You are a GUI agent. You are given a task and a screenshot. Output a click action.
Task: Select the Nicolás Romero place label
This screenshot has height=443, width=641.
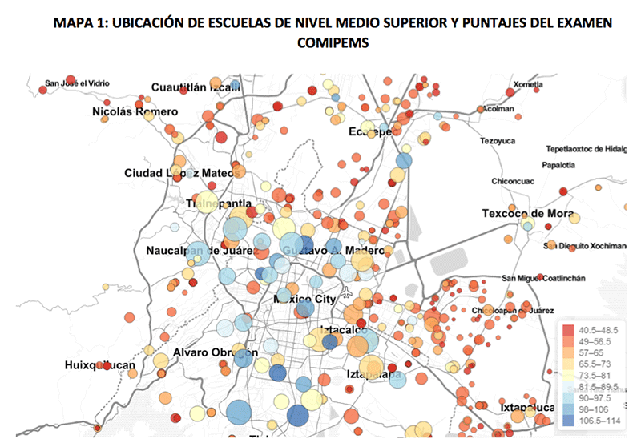click(134, 111)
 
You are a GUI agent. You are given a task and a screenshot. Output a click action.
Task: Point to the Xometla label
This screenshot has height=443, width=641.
click(526, 84)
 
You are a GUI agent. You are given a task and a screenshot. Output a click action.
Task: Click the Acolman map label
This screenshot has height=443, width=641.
click(498, 109)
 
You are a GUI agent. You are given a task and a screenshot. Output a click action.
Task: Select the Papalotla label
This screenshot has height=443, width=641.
click(559, 166)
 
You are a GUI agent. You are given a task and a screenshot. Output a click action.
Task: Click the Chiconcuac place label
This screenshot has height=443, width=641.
click(513, 181)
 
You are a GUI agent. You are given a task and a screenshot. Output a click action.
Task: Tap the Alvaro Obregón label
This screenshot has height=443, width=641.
click(215, 352)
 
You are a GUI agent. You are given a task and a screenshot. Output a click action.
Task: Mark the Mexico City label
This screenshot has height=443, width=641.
click(303, 298)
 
